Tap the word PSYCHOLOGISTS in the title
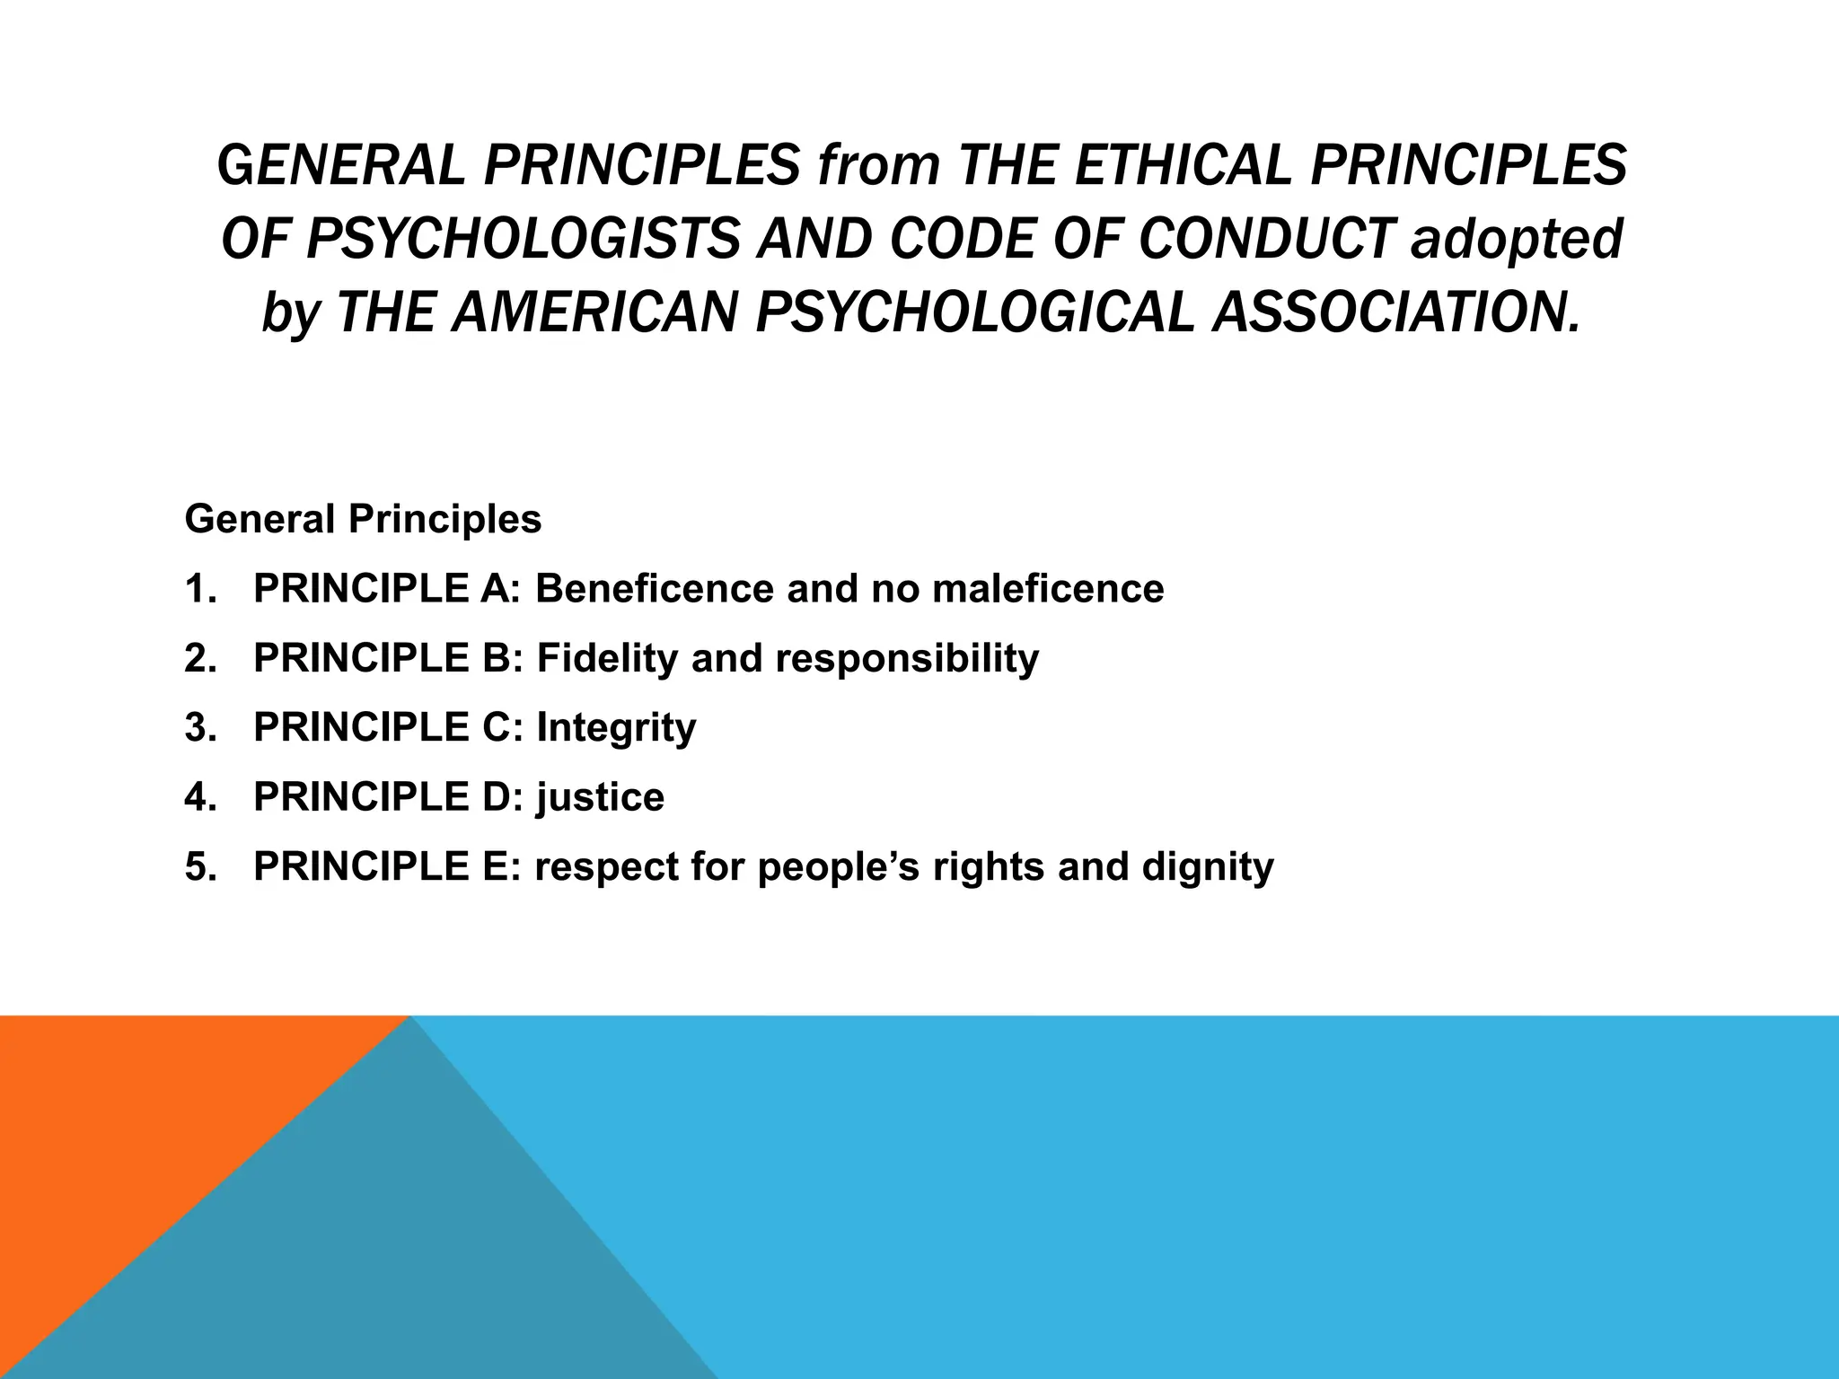point(523,239)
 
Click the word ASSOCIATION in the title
point(1395,312)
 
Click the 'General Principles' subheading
point(363,519)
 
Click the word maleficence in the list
point(1048,589)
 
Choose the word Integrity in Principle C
point(616,728)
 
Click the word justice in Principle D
point(601,797)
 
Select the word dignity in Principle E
point(1208,867)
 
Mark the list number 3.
point(199,728)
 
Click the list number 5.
point(199,867)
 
